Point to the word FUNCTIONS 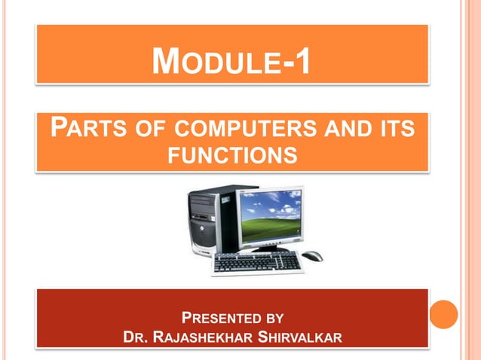[x=231, y=155]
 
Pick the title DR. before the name [x=135, y=335]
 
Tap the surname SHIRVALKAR [x=300, y=335]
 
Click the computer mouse [x=312, y=256]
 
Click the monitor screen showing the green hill [x=270, y=215]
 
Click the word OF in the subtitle [x=143, y=128]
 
